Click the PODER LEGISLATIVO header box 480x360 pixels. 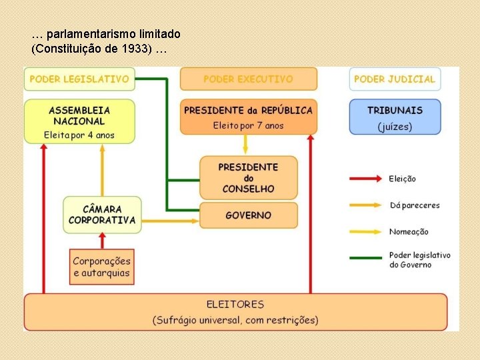click(79, 79)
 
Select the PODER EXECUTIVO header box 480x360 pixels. click(248, 79)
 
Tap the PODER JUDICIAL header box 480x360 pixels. click(395, 79)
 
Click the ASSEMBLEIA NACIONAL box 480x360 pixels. click(79, 121)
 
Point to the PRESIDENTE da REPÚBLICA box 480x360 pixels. click(248, 117)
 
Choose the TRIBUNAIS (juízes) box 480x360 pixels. click(395, 117)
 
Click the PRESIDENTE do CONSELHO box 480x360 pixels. click(248, 177)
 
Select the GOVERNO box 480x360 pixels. click(248, 215)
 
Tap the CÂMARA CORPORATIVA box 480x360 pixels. click(102, 215)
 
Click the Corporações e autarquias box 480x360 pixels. click(102, 267)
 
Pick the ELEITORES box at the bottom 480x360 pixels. click(235, 312)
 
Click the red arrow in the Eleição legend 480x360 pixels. click(366, 179)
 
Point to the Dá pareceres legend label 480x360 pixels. click(415, 205)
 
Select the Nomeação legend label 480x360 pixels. click(409, 232)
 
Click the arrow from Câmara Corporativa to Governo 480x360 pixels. click(170, 219)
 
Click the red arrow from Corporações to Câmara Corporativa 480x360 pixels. click(102, 241)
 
